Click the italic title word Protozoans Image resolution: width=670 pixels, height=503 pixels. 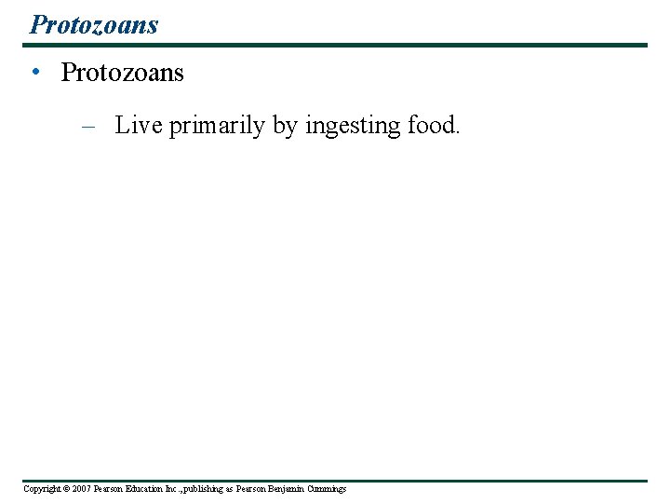(94, 24)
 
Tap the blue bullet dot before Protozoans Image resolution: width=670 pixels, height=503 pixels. (33, 74)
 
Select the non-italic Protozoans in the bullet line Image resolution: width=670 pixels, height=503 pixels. (122, 73)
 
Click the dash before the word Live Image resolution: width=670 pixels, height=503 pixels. (88, 127)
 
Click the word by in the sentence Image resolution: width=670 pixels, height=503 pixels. (285, 127)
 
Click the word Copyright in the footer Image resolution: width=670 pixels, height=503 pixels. (40, 489)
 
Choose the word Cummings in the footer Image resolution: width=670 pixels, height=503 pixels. (327, 489)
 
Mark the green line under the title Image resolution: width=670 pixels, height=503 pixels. (336, 45)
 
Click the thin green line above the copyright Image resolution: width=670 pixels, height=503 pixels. (336, 481)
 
